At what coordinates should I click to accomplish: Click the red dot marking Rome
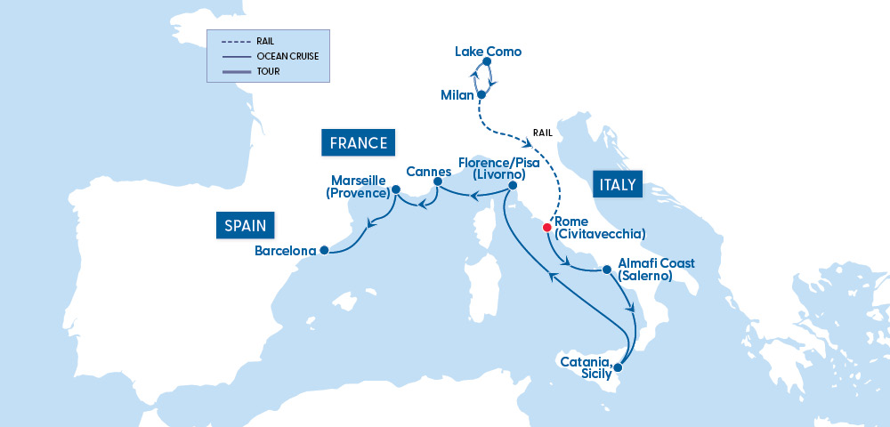(x=546, y=227)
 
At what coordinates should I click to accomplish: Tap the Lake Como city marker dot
(x=487, y=62)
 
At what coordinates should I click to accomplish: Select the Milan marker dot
(x=481, y=93)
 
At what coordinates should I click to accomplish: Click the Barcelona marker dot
(x=324, y=250)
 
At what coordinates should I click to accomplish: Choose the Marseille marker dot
(x=395, y=189)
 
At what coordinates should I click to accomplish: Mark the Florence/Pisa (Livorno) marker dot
(x=512, y=185)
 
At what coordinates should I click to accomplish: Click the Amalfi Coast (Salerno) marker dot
(x=606, y=269)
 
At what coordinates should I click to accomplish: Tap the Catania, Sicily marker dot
(x=618, y=366)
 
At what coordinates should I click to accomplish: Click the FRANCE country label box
(x=359, y=143)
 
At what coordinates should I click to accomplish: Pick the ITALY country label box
(x=617, y=185)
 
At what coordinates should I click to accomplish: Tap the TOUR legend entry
(x=268, y=71)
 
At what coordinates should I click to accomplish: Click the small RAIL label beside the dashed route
(x=543, y=133)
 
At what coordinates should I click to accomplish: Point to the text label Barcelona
(x=285, y=251)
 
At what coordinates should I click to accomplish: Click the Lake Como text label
(x=488, y=52)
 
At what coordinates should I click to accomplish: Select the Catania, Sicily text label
(x=585, y=368)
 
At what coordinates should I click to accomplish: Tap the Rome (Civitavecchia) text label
(x=599, y=228)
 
